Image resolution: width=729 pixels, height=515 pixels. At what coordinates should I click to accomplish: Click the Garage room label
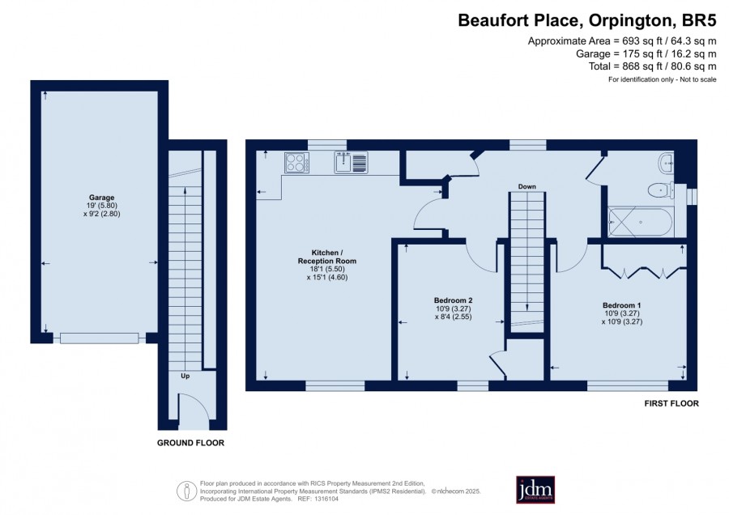point(101,198)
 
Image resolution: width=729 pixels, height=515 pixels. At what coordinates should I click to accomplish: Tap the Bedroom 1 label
point(621,305)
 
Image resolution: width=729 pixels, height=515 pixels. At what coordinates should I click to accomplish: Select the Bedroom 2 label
point(453,300)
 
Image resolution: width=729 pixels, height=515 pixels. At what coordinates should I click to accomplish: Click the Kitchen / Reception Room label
point(327,257)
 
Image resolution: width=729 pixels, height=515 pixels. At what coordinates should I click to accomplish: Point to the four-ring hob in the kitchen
point(296,163)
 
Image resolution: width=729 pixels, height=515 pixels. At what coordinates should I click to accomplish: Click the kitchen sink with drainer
point(351,162)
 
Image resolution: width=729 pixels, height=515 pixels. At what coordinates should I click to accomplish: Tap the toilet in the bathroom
point(661,190)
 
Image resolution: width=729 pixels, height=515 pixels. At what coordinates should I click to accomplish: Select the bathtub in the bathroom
point(640,223)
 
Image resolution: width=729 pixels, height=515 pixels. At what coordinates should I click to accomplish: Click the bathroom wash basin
point(666,163)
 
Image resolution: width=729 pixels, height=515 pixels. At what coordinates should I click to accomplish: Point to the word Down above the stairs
point(526,186)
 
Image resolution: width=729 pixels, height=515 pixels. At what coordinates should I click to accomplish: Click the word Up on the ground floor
point(185,376)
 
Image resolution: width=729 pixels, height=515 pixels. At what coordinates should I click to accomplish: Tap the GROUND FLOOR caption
point(190,443)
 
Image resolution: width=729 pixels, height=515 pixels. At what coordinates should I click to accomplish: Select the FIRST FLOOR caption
point(671,403)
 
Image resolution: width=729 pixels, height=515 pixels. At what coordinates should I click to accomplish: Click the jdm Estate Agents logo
point(535,489)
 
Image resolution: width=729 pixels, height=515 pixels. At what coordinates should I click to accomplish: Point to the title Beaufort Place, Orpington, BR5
point(586,20)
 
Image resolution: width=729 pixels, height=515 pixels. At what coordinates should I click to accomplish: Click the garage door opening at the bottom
point(100,338)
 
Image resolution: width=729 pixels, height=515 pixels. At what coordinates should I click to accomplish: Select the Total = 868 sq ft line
point(652,66)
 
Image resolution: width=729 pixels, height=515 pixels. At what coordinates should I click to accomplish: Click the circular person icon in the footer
point(187,491)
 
